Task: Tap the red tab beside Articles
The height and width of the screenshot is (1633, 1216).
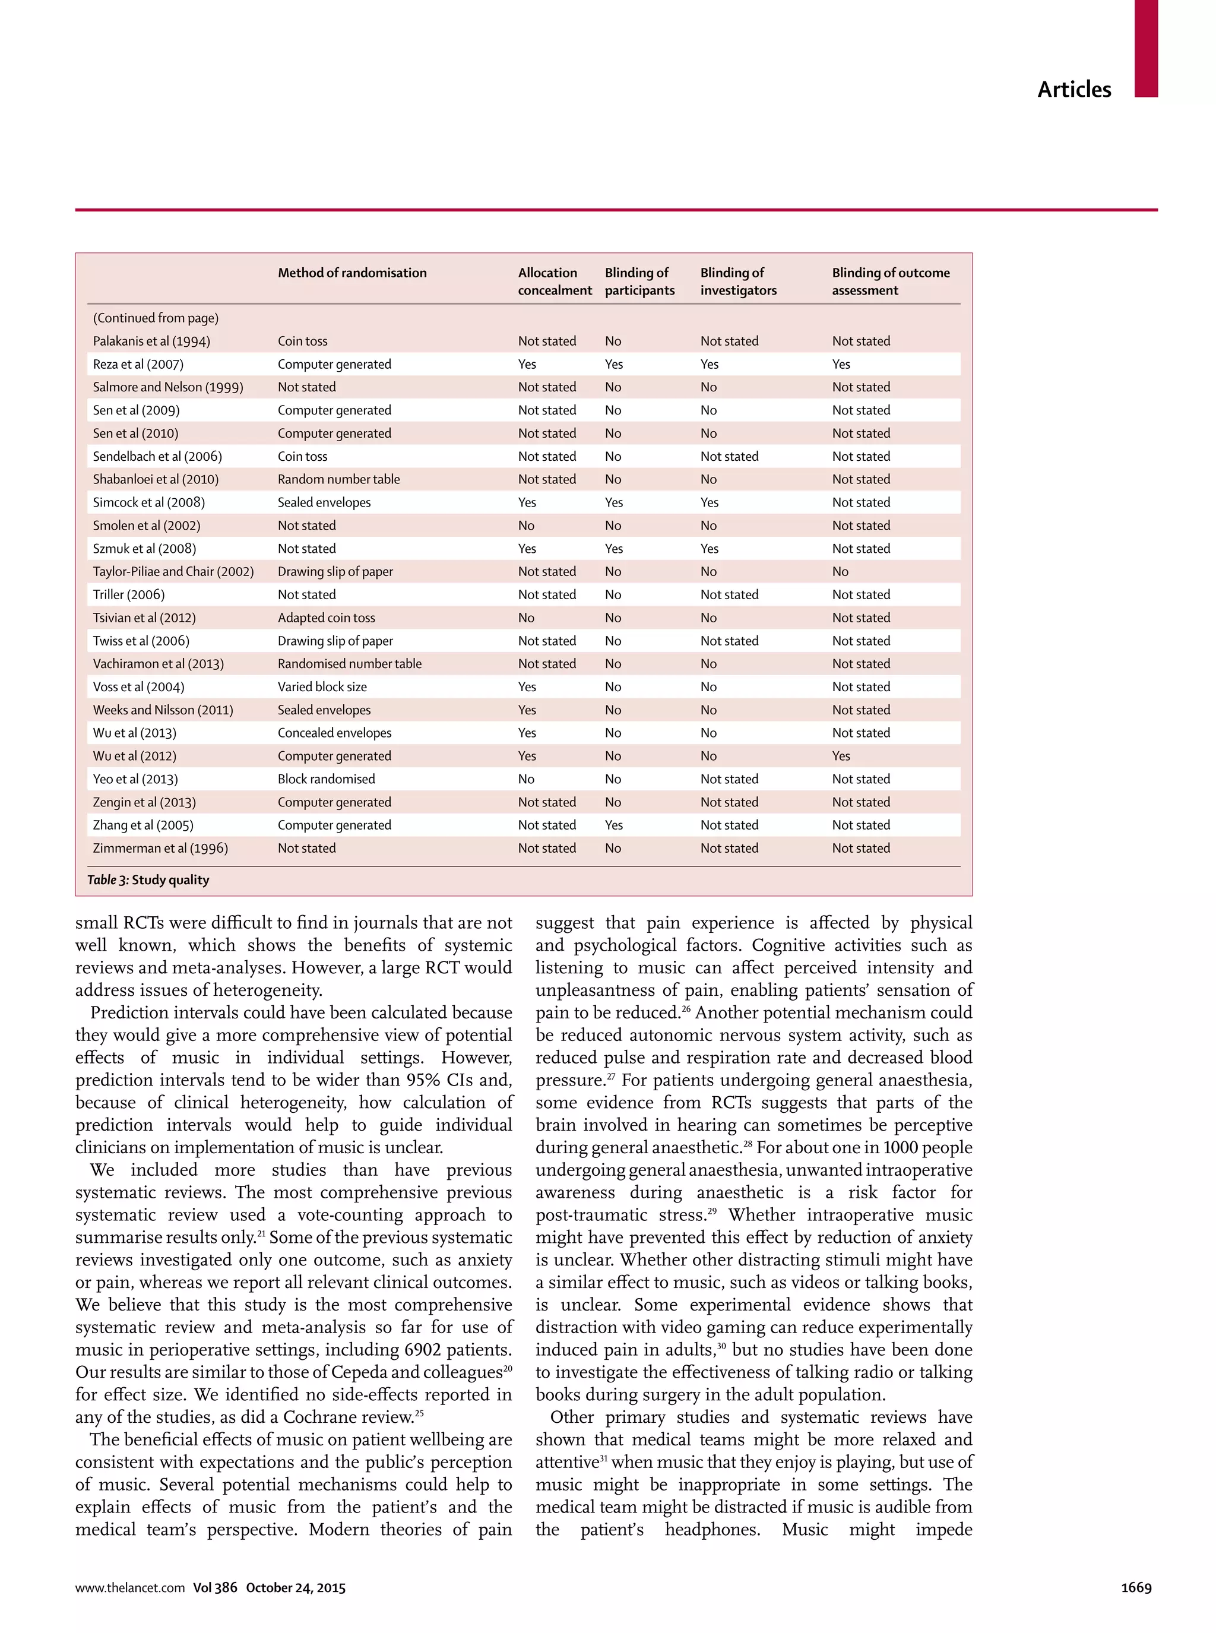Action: pyautogui.click(x=1145, y=48)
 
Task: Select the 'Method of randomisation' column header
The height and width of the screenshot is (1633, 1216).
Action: pyautogui.click(x=352, y=273)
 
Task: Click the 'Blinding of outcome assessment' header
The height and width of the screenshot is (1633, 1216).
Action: pyautogui.click(x=890, y=281)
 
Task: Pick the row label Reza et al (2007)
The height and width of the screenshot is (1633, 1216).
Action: pyautogui.click(x=138, y=363)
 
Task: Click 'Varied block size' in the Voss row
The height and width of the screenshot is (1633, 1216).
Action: pyautogui.click(x=322, y=686)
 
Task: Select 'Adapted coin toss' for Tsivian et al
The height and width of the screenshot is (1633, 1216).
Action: pyautogui.click(x=326, y=618)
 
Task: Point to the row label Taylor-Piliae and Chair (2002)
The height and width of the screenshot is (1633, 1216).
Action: pyautogui.click(x=173, y=571)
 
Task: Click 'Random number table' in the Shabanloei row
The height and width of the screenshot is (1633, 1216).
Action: pyautogui.click(x=338, y=479)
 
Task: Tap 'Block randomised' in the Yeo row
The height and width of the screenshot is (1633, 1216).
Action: pyautogui.click(x=326, y=779)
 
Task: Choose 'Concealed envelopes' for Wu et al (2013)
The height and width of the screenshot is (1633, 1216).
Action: pyautogui.click(x=334, y=733)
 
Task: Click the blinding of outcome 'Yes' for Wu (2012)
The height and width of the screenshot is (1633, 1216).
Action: pyautogui.click(x=841, y=756)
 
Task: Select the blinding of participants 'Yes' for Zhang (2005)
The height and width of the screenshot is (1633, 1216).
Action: pyautogui.click(x=613, y=825)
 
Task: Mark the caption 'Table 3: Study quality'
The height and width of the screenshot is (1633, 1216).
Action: pyautogui.click(x=148, y=880)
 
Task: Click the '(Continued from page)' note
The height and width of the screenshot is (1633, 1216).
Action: pyautogui.click(x=156, y=318)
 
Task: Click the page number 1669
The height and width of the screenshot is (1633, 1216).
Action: pyautogui.click(x=1136, y=1587)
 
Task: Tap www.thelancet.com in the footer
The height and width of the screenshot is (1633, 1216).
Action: pyautogui.click(x=129, y=1587)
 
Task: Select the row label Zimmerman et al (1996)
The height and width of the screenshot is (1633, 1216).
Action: pyautogui.click(x=160, y=848)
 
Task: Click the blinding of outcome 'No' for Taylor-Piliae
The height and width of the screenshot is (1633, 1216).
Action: pyautogui.click(x=840, y=571)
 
